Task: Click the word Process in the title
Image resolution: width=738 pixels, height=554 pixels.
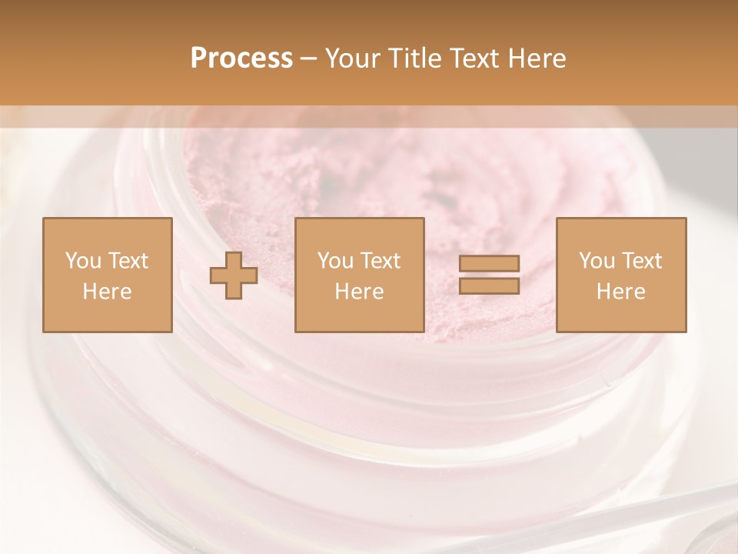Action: click(x=241, y=58)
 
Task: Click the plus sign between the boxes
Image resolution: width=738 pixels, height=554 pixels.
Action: click(x=234, y=275)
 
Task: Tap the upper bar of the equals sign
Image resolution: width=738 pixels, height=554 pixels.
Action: click(x=489, y=264)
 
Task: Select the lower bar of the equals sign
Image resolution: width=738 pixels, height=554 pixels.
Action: click(x=489, y=286)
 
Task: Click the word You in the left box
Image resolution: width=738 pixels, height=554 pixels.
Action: click(x=83, y=261)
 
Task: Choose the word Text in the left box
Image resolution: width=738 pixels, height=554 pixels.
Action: click(x=127, y=261)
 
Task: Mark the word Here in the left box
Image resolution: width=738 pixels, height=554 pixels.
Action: click(x=107, y=292)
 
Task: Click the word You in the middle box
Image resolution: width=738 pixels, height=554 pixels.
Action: click(x=335, y=261)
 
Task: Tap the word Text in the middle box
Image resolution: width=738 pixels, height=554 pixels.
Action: click(x=380, y=261)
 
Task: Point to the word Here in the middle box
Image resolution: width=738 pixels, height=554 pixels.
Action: click(x=359, y=292)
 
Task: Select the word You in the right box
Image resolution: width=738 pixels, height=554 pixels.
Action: click(x=597, y=261)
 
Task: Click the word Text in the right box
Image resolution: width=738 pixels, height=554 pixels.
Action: click(x=641, y=261)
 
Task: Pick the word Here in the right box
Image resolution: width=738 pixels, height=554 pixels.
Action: click(x=620, y=292)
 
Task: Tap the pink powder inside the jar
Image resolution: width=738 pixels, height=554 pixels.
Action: click(x=369, y=169)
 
